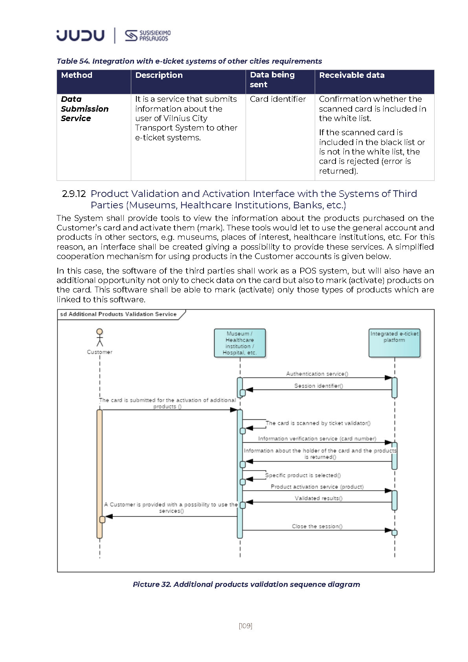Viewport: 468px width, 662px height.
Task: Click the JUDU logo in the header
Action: coord(81,35)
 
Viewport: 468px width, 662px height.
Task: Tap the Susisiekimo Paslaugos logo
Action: coord(147,35)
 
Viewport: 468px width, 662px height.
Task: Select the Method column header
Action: coord(77,75)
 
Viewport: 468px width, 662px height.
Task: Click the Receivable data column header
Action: coord(352,75)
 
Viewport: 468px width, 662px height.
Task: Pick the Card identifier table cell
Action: coord(278,99)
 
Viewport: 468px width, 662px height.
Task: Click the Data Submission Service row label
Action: coord(84,108)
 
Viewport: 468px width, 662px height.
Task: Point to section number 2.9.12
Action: coord(74,194)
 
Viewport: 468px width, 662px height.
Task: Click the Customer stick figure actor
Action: coord(99,338)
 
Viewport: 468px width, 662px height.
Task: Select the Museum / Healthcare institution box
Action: coord(240,343)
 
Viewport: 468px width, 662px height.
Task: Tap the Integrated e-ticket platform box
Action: coord(394,343)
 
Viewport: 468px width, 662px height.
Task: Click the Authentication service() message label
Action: coord(317,374)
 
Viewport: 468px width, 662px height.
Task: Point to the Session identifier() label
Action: coord(319,386)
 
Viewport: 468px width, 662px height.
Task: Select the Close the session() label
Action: coord(317,526)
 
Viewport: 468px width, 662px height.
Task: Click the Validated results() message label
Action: coord(319,498)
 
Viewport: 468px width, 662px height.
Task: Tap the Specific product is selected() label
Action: coord(303,475)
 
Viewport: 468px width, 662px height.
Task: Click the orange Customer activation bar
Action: coord(99,474)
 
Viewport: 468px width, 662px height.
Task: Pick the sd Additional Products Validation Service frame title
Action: coord(118,314)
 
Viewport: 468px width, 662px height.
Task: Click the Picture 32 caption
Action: coord(246,584)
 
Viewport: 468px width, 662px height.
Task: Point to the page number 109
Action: coord(245,626)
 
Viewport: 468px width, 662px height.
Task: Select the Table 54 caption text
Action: coord(189,61)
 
